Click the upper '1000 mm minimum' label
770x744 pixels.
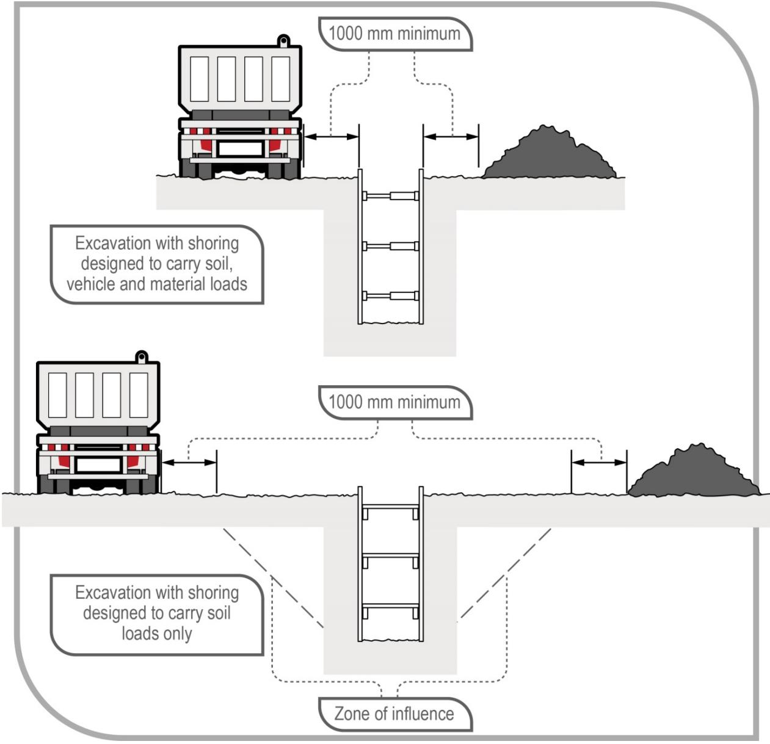click(394, 34)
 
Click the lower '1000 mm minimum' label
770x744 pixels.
click(394, 402)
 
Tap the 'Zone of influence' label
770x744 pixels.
click(394, 713)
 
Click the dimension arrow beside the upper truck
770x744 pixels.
click(331, 137)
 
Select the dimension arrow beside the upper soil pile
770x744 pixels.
click(451, 137)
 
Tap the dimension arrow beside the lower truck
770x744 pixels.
click(189, 463)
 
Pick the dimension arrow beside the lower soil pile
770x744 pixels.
click(599, 463)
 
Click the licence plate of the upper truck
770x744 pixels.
click(241, 148)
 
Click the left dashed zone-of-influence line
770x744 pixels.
click(272, 577)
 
